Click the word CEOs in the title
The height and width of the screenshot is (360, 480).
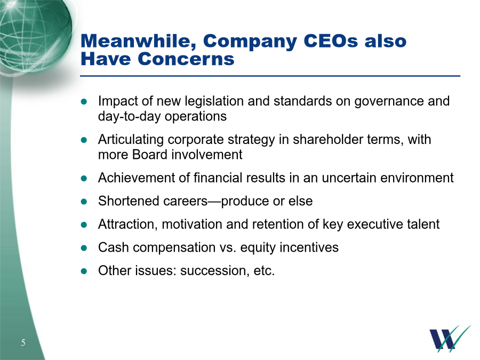pyautogui.click(x=331, y=41)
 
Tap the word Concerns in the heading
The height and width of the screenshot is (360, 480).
pyautogui.click(x=186, y=59)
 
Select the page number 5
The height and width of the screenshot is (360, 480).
pyautogui.click(x=23, y=342)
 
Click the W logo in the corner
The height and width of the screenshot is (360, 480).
pyautogui.click(x=450, y=338)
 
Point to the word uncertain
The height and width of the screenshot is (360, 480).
pyautogui.click(x=349, y=178)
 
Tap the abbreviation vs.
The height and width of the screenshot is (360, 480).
pyautogui.click(x=228, y=247)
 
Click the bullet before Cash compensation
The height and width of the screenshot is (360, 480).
pyautogui.click(x=84, y=248)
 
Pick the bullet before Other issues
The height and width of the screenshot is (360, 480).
pyautogui.click(x=84, y=271)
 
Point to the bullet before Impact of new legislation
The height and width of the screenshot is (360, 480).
pyautogui.click(x=84, y=102)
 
